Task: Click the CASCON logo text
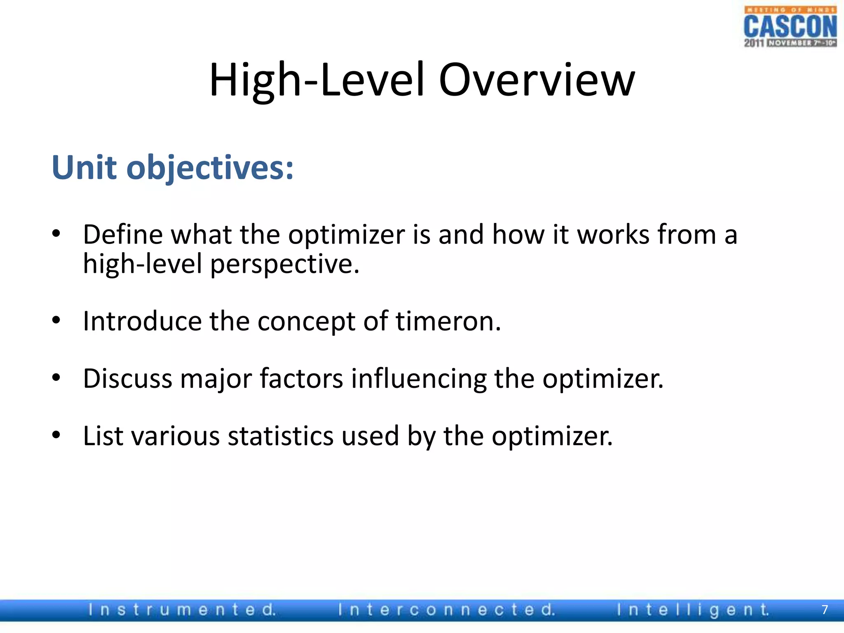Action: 790,27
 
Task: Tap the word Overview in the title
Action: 537,80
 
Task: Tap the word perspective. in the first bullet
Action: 285,264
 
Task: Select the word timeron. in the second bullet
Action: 448,321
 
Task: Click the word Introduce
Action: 142,321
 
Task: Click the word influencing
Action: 418,379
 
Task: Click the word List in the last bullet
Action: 103,436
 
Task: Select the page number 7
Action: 825,610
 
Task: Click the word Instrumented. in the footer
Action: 182,610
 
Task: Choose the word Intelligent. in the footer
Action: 693,610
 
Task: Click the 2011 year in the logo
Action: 754,43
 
